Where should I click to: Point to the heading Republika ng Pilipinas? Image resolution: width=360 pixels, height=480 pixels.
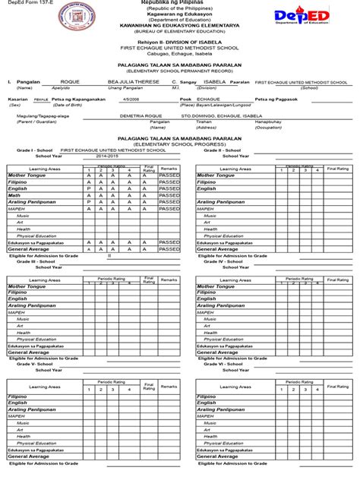(180, 3)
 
